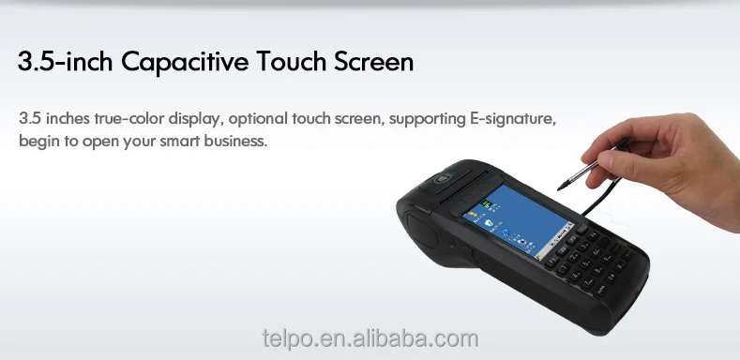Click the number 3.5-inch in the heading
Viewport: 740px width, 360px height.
pyautogui.click(x=63, y=63)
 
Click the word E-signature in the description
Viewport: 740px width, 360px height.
pyautogui.click(x=513, y=120)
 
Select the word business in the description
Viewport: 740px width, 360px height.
pyautogui.click(x=235, y=142)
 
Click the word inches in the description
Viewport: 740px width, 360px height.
pyautogui.click(x=62, y=120)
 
